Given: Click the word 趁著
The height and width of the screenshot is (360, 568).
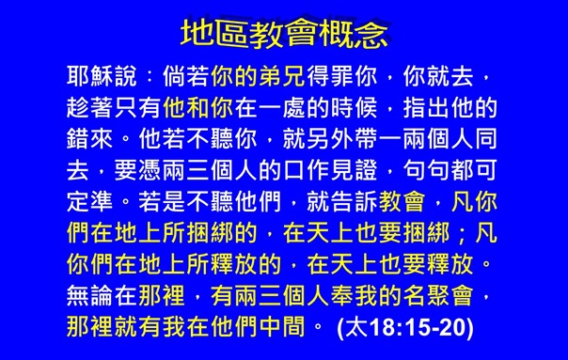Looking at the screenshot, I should click(84, 102).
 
